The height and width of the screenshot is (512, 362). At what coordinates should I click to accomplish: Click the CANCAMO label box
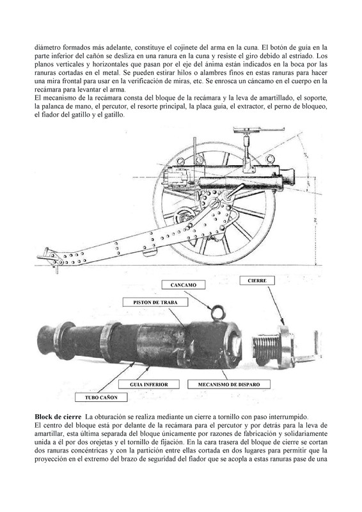(184, 285)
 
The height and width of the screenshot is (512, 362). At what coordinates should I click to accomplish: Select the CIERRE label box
(257, 280)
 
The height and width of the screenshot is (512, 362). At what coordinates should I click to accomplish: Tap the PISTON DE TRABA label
(155, 302)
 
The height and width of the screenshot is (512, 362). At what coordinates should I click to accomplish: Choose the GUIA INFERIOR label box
(149, 385)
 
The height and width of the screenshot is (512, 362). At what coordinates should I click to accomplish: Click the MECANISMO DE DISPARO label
(229, 385)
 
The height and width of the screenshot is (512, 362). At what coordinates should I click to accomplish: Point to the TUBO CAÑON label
(101, 397)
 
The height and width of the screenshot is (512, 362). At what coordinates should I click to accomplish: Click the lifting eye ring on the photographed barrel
(217, 312)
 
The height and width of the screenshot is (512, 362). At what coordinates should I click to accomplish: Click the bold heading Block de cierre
(58, 417)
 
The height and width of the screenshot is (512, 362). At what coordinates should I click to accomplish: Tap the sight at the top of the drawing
(258, 131)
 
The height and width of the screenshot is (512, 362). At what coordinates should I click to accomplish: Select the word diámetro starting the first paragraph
(47, 47)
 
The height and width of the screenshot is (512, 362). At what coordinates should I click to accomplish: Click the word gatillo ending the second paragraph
(115, 115)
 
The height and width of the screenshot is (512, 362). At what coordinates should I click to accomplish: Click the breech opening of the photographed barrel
(235, 343)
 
